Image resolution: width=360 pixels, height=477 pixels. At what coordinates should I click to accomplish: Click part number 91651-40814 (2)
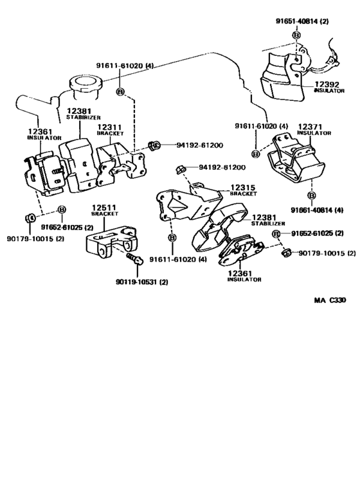click(x=302, y=21)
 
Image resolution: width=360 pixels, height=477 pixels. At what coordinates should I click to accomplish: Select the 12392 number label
click(x=327, y=84)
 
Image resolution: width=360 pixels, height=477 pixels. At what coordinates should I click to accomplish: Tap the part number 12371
click(x=310, y=127)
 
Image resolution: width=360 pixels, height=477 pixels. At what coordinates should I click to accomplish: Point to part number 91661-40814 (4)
click(x=317, y=210)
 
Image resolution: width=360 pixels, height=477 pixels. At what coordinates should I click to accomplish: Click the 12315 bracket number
click(x=242, y=188)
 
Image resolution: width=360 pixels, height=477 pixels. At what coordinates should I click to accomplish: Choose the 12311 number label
click(x=109, y=127)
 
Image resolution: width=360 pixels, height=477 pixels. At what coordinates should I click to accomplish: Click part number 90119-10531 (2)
click(x=142, y=282)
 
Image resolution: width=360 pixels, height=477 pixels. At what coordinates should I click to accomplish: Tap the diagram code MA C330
click(x=330, y=300)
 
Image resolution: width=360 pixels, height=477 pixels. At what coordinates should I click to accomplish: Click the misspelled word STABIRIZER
click(x=84, y=117)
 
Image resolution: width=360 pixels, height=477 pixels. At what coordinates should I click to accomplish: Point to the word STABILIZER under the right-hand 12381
click(x=268, y=224)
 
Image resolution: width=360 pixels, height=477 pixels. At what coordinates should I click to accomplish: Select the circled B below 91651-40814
click(x=296, y=35)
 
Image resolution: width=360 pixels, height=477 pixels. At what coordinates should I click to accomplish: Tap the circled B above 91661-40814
click(x=312, y=195)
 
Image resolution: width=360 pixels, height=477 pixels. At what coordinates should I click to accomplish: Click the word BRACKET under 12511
click(x=104, y=214)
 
